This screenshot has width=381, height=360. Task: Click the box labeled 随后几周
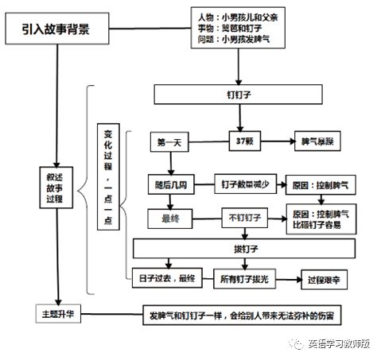click(169, 185)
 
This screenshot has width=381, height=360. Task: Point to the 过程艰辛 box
click(322, 280)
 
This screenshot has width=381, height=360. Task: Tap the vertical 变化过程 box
click(107, 176)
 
